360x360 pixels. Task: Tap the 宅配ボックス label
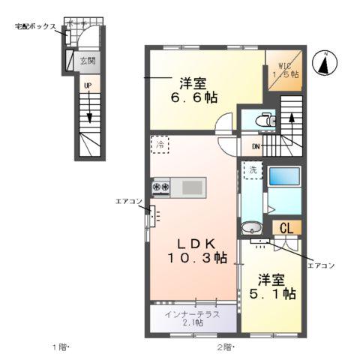(x=35, y=26)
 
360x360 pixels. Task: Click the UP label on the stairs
(x=88, y=86)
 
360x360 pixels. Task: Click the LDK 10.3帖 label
(x=196, y=250)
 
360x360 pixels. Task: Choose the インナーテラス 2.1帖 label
(x=193, y=318)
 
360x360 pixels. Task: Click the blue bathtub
(x=284, y=177)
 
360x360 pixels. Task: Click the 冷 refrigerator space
(x=160, y=142)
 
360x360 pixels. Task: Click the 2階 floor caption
(x=224, y=346)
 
